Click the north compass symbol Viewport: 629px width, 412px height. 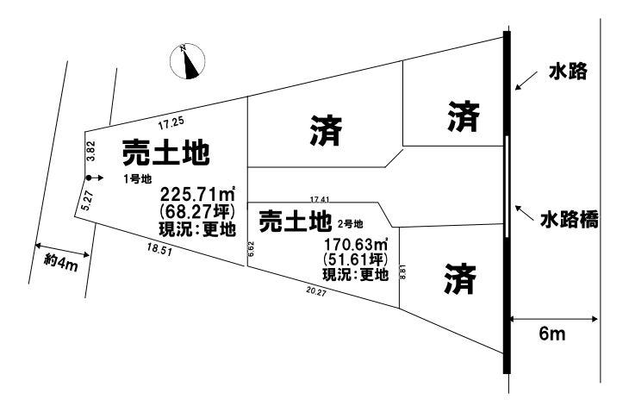pos(187,61)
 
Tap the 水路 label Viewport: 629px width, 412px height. pos(568,72)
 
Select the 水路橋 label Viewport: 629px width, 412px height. pos(570,220)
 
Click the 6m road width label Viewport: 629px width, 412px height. pos(552,334)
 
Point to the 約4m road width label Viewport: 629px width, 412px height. pos(61,263)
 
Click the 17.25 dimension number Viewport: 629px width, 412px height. pos(171,123)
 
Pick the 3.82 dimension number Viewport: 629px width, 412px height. pos(91,151)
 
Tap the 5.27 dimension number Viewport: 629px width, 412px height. pos(87,201)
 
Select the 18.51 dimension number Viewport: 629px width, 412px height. pos(159,251)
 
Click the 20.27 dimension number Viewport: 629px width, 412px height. pos(316,291)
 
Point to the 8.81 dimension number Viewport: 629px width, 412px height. pos(403,272)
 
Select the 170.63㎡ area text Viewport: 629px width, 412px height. pos(356,244)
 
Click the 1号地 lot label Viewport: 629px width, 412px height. pos(138,179)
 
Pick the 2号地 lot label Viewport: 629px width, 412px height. pos(350,224)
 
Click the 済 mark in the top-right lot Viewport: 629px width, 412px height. pos(464,116)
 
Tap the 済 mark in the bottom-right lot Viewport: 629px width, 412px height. pos(460,278)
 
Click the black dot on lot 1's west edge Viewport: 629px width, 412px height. pos(88,178)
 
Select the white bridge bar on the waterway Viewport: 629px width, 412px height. pos(507,187)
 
